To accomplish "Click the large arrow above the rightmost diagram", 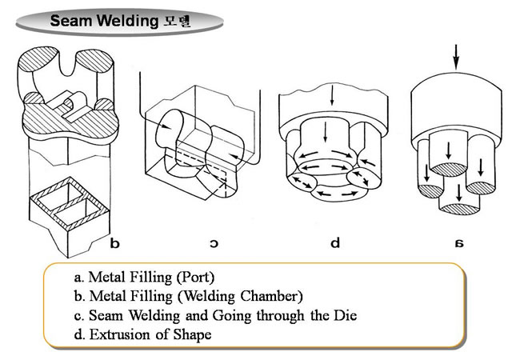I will pos(456,57).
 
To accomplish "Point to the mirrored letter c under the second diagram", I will pos(214,242).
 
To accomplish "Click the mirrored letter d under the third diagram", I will pos(337,242).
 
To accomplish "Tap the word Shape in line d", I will pos(194,334).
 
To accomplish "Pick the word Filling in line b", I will pos(138,297).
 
